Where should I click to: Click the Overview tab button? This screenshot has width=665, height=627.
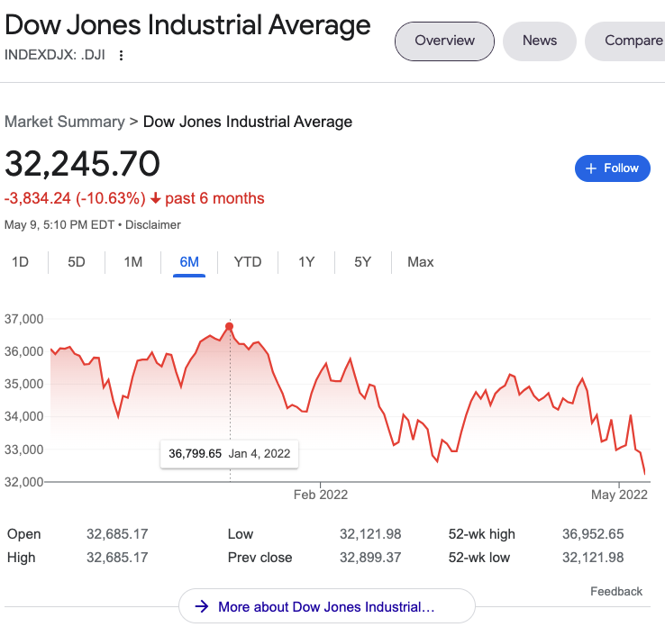(x=444, y=41)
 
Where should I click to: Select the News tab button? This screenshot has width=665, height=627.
(x=540, y=41)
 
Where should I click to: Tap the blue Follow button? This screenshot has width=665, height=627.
(x=613, y=168)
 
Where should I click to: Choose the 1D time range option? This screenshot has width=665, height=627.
(x=20, y=262)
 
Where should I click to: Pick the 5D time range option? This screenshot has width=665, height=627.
(x=77, y=262)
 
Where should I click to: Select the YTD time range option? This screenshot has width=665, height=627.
(x=248, y=262)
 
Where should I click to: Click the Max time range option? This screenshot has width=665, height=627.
(x=420, y=262)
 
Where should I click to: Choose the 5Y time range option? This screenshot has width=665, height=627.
(x=362, y=262)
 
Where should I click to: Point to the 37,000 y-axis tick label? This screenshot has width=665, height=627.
(x=24, y=319)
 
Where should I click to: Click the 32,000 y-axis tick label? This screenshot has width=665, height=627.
(x=24, y=482)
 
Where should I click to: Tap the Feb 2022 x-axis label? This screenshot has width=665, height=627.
(x=321, y=495)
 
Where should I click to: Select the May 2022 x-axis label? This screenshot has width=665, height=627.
(x=619, y=495)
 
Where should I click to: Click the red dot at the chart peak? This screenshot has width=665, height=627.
(x=230, y=326)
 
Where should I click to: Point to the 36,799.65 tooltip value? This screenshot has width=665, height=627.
(x=195, y=453)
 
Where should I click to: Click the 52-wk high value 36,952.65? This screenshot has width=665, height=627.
(x=592, y=534)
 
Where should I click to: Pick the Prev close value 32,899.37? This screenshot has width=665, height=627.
(x=370, y=558)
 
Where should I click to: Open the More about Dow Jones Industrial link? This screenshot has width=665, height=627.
(x=326, y=607)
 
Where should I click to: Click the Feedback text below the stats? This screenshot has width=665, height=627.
(x=616, y=592)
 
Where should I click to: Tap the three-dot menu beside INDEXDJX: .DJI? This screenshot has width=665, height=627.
(x=122, y=55)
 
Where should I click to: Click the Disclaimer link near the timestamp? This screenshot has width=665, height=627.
(x=153, y=224)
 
